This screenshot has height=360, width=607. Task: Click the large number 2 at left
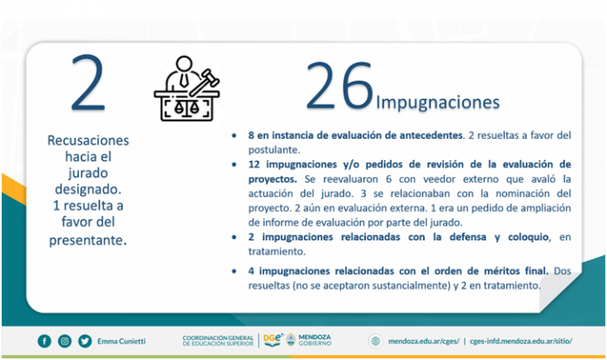coord(88,82)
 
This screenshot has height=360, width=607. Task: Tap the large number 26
coord(339,86)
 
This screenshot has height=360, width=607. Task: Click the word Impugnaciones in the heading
coord(438,102)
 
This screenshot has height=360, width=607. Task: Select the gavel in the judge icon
coord(204,82)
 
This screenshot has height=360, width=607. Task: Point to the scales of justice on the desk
coord(186,108)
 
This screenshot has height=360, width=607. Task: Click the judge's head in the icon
coord(184,63)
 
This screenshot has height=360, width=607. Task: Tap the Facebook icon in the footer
coord(44,341)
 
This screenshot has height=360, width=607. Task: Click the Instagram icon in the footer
coord(65,341)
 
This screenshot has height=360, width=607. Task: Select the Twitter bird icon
coord(85,341)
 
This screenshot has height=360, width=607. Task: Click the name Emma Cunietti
coord(121,341)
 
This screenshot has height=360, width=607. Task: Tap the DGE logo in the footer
coord(273,340)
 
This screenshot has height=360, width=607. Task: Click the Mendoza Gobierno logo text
coord(315,340)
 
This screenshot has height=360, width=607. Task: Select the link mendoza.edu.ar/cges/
coord(423,341)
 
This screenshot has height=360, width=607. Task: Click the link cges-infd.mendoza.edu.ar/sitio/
coord(520,341)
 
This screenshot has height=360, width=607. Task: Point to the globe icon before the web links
coord(375,341)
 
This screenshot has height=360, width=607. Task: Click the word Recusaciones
coord(88,141)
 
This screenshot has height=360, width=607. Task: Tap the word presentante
coord(88,240)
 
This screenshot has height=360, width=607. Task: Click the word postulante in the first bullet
coord(274,150)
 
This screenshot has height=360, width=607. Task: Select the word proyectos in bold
coord(272,180)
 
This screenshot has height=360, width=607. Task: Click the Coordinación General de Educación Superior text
coord(218,341)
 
